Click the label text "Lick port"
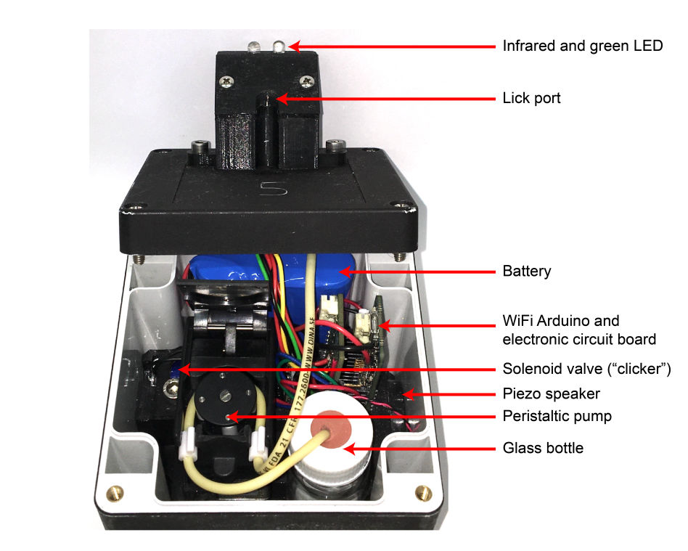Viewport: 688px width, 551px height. pyautogui.click(x=531, y=98)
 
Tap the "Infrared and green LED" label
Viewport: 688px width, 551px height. pyautogui.click(x=583, y=46)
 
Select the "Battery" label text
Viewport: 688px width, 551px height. pyautogui.click(x=527, y=272)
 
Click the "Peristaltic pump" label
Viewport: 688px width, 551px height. pyautogui.click(x=557, y=416)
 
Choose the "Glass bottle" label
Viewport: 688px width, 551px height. pyautogui.click(x=543, y=448)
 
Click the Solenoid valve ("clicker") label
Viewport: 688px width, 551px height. pyautogui.click(x=586, y=369)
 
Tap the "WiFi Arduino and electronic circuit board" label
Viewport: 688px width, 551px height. pyautogui.click(x=579, y=330)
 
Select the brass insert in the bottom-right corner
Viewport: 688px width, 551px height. pyautogui.click(x=420, y=495)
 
